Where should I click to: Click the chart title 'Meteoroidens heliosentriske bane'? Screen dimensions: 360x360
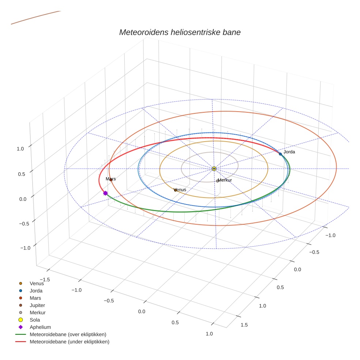180,32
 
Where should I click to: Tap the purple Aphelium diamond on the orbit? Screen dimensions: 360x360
105,193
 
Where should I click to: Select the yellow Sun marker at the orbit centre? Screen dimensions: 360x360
214,169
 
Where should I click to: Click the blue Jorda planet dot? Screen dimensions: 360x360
281,154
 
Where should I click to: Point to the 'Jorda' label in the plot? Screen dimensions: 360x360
289,152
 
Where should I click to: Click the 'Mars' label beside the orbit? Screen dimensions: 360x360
111,179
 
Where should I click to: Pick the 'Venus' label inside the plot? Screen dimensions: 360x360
180,190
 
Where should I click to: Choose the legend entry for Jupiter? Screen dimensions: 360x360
37,305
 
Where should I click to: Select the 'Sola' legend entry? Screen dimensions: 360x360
35,320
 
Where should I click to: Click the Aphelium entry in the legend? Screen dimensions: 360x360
40,327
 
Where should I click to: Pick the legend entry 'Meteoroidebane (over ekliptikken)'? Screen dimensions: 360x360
68,334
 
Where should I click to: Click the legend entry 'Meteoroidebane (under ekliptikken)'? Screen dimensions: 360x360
69,342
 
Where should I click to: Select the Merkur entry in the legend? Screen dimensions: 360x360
37,312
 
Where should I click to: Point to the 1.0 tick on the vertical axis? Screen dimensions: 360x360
20,149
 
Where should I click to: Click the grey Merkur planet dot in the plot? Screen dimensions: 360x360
217,181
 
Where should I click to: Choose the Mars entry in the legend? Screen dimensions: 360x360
35,298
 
